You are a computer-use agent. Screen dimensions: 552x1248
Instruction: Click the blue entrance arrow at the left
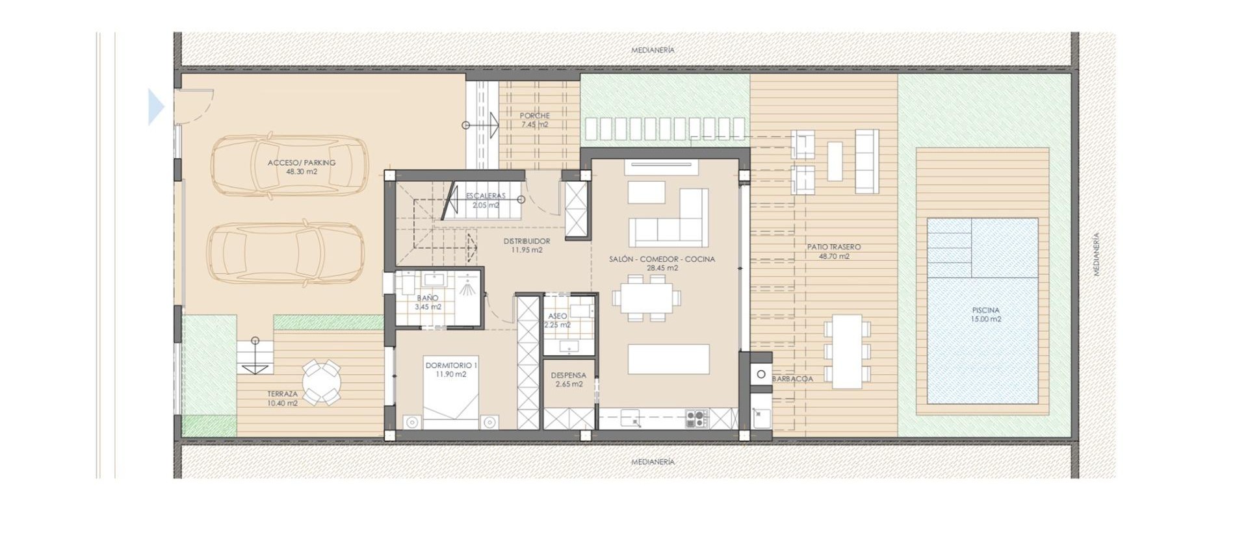click(x=156, y=107)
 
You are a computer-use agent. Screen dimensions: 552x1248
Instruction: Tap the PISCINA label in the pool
click(x=985, y=314)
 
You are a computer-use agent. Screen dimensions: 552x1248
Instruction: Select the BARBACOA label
click(x=792, y=379)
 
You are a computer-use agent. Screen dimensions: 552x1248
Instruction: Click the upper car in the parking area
click(x=289, y=165)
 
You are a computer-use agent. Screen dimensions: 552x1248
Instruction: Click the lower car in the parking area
click(x=286, y=253)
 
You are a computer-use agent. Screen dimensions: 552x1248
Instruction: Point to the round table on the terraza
click(x=322, y=383)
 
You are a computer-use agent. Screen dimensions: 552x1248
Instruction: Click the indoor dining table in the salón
click(x=646, y=298)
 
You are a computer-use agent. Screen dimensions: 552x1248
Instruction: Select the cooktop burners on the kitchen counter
click(x=697, y=419)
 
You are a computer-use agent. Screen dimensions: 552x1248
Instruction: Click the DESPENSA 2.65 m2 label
click(x=568, y=380)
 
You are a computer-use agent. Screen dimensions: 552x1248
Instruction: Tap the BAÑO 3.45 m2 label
click(x=428, y=303)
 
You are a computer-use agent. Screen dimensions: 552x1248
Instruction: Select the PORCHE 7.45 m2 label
click(x=534, y=120)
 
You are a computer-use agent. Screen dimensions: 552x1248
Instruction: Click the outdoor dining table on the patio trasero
click(x=847, y=351)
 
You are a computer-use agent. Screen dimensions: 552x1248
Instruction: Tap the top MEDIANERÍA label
click(x=653, y=50)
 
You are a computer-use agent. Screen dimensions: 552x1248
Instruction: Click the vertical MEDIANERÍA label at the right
click(x=1097, y=255)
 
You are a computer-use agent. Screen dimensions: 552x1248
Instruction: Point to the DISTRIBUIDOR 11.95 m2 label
click(x=526, y=245)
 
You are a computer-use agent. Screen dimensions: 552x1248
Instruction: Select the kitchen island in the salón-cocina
click(x=668, y=359)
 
